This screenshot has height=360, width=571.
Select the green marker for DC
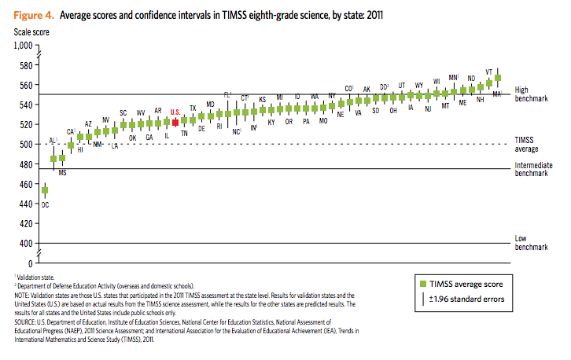[45, 190]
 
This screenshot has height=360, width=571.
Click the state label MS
[62, 171]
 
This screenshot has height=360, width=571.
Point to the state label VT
[489, 71]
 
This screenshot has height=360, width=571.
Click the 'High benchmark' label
[531, 94]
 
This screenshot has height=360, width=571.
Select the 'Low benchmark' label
[531, 242]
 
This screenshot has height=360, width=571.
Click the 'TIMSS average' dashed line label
[529, 143]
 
